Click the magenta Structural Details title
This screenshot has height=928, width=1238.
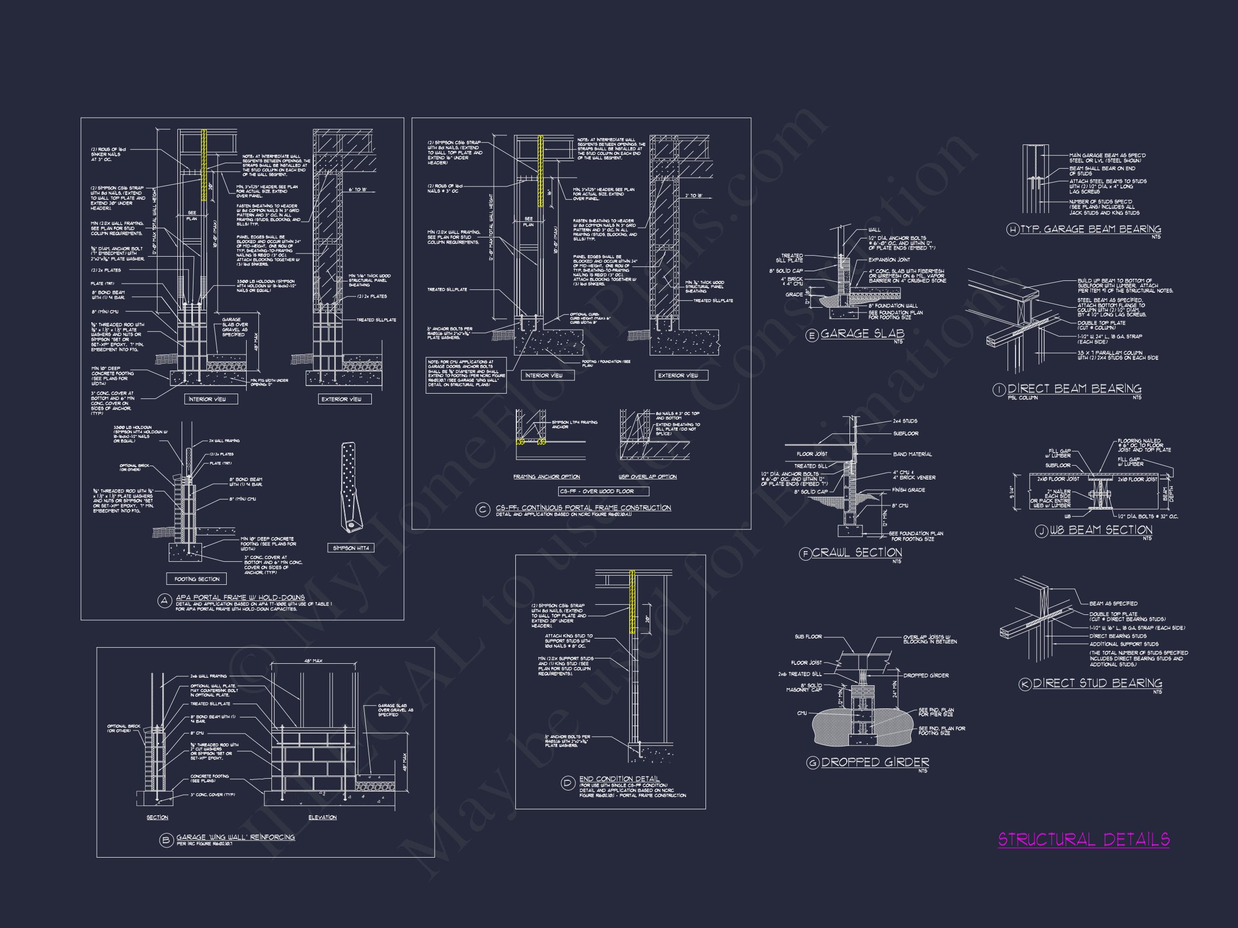pyautogui.click(x=1084, y=839)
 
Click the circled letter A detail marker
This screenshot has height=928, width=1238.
pyautogui.click(x=164, y=601)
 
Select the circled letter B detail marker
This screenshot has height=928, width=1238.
pyautogui.click(x=165, y=840)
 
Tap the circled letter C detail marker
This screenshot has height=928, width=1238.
pyautogui.click(x=483, y=510)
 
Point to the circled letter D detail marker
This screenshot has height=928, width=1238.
pyautogui.click(x=567, y=784)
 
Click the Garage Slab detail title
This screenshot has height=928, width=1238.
pyautogui.click(x=862, y=334)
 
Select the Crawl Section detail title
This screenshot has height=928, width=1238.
pyautogui.click(x=857, y=553)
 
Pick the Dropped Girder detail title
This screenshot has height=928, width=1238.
pyautogui.click(x=875, y=763)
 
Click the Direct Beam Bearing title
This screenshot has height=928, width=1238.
pyautogui.click(x=1074, y=389)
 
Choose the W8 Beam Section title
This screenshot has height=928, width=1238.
pyautogui.click(x=1100, y=530)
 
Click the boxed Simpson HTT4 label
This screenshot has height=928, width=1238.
pyautogui.click(x=351, y=548)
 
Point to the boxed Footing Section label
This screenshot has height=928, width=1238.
pyautogui.click(x=197, y=578)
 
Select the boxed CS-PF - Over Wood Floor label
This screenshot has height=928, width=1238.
pyautogui.click(x=604, y=491)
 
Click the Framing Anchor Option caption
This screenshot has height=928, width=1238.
pyautogui.click(x=546, y=476)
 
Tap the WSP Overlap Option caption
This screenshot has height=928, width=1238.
pyautogui.click(x=647, y=476)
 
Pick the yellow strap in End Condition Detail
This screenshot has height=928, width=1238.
pyautogui.click(x=632, y=602)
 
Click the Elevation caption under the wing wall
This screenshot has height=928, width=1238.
pyautogui.click(x=322, y=817)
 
